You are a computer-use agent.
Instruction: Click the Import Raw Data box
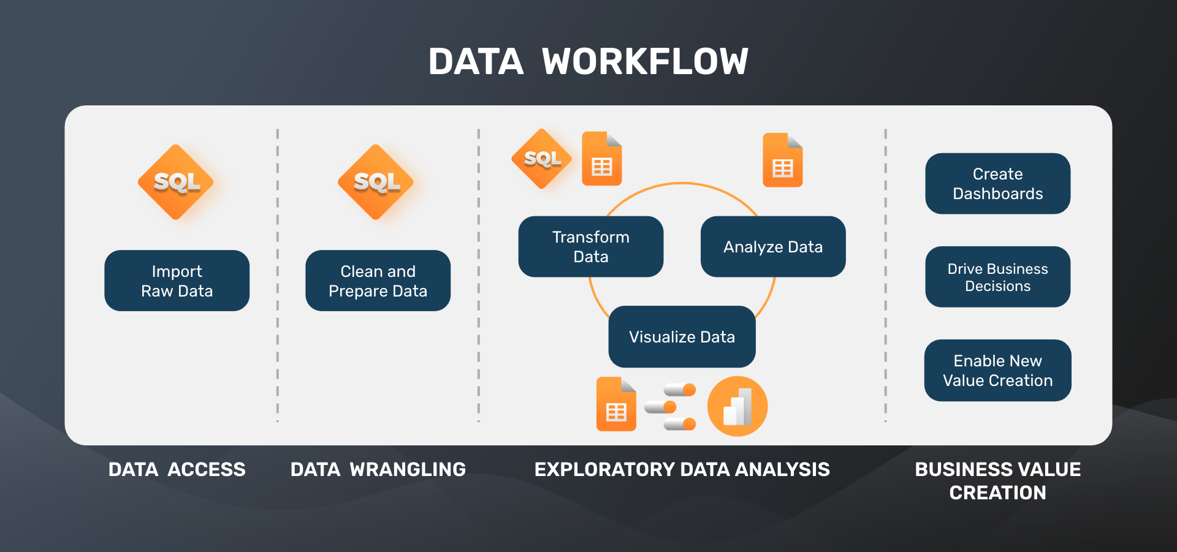pos(177,281)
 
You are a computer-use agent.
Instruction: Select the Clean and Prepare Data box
pos(378,281)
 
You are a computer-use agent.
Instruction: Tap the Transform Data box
pos(590,246)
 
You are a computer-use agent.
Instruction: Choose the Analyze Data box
pos(772,246)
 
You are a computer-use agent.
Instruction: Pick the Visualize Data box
pos(682,336)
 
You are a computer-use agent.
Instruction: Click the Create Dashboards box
pos(997,183)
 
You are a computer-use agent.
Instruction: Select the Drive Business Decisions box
pos(997,277)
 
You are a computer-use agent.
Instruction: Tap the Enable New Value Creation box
pos(997,370)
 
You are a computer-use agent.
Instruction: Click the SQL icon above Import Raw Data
pos(176,182)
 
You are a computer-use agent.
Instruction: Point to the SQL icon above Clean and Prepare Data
pos(376,182)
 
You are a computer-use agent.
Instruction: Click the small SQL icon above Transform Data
pos(542,159)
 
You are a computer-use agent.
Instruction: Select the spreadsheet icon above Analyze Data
pos(782,160)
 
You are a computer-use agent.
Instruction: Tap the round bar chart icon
pos(737,406)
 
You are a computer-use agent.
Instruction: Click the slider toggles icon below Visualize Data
pos(671,407)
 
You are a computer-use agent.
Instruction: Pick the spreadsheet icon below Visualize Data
pos(616,404)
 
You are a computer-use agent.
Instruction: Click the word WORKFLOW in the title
pos(645,62)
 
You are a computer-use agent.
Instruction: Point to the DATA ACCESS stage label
pos(177,469)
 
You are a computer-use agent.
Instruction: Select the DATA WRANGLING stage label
pos(378,469)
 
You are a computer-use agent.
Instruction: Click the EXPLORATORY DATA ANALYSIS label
pos(682,469)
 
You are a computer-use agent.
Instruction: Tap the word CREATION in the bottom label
pos(997,493)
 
